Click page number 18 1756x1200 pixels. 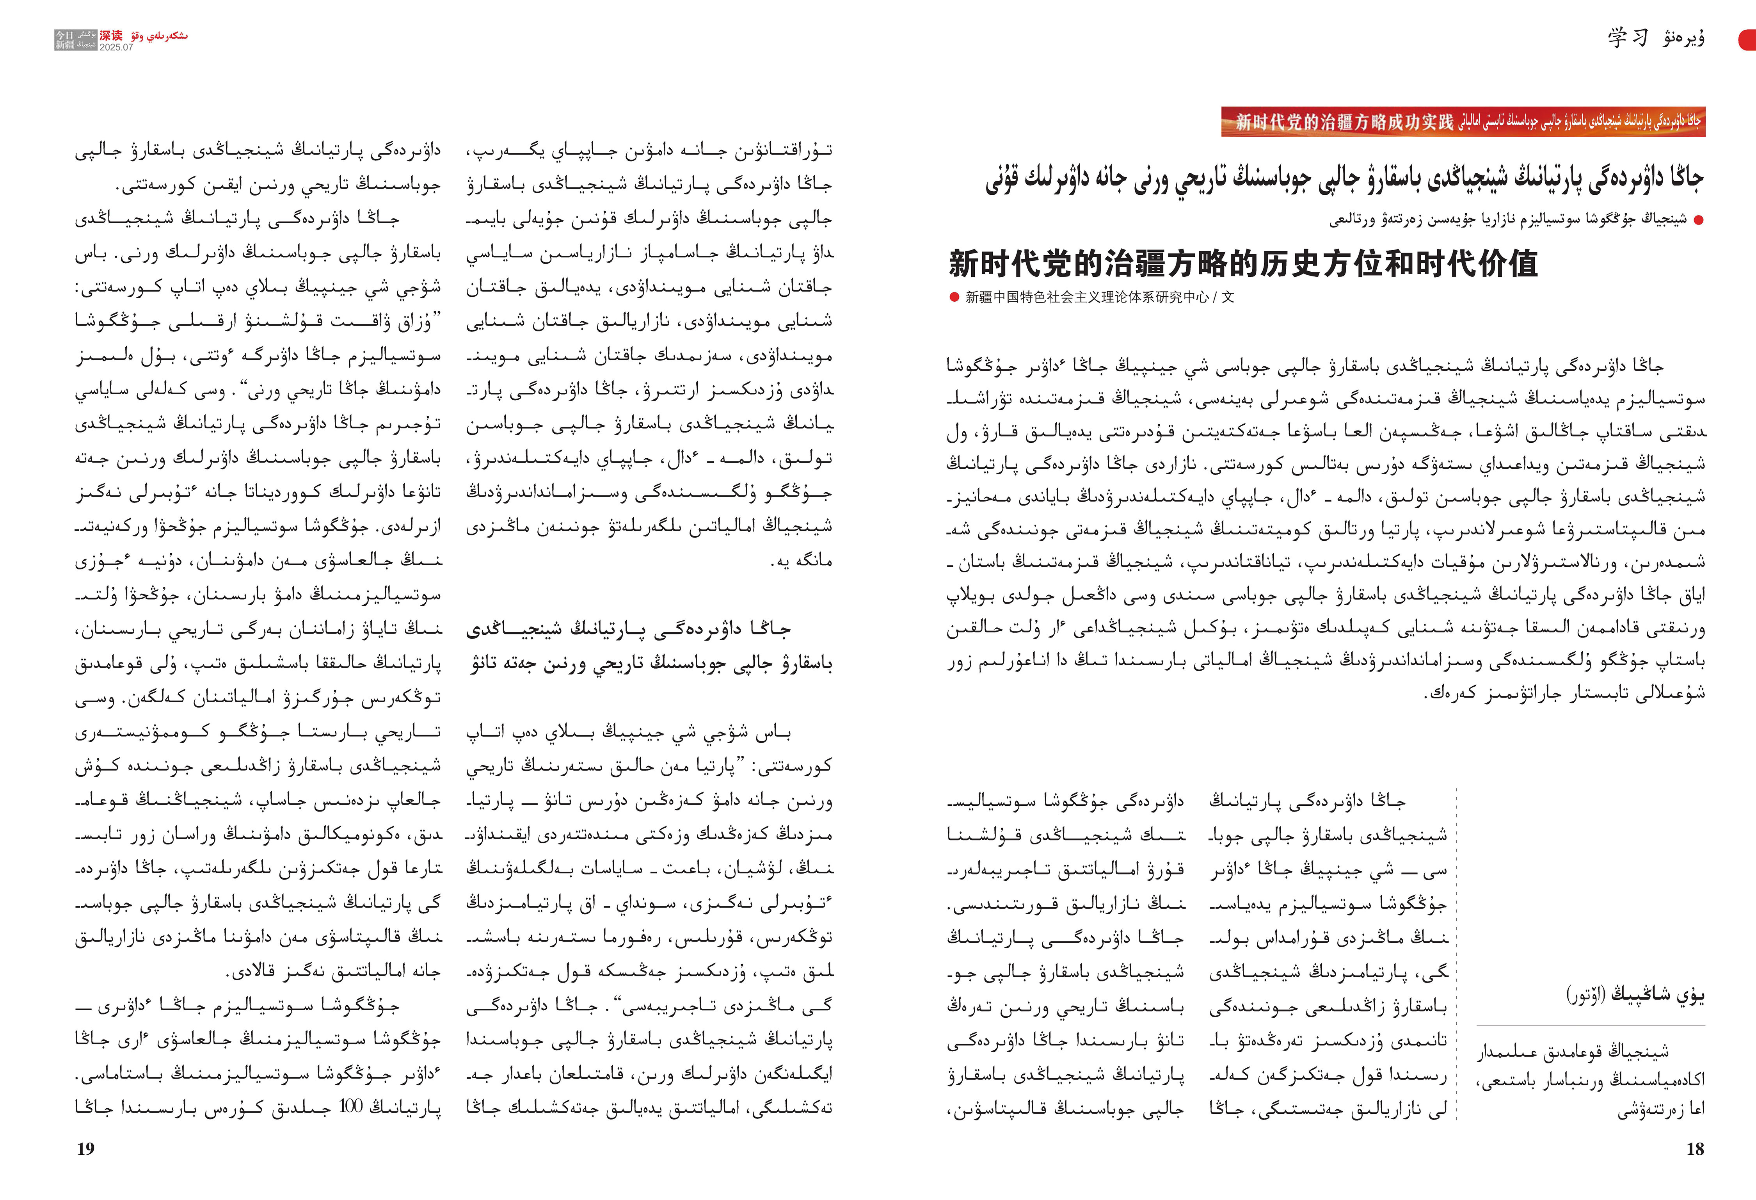(x=1695, y=1149)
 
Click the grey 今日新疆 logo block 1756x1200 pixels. (x=76, y=40)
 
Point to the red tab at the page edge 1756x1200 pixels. (x=1748, y=39)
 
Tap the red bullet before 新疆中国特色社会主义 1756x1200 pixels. (x=954, y=297)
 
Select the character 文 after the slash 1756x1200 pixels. (x=1228, y=297)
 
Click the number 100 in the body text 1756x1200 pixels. (x=351, y=1106)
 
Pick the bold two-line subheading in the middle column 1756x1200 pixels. (x=650, y=646)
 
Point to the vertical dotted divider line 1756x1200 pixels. (x=1456, y=952)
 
